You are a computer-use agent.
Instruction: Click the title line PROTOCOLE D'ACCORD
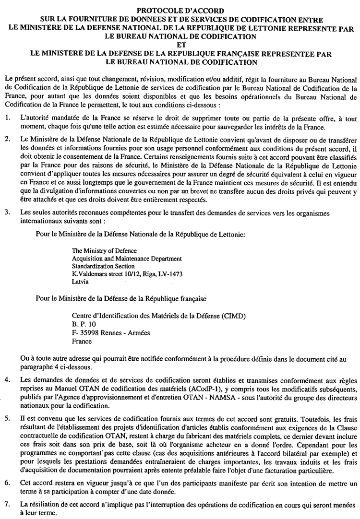(180, 10)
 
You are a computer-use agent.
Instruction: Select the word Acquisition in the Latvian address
(87, 259)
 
